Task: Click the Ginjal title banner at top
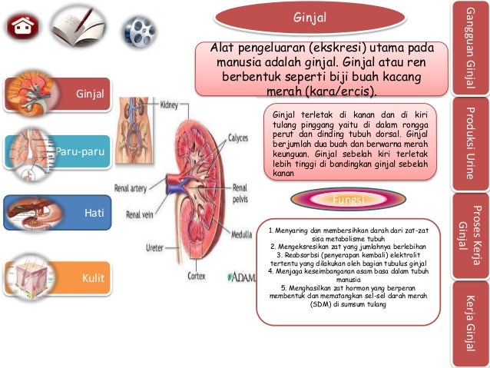click(310, 17)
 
